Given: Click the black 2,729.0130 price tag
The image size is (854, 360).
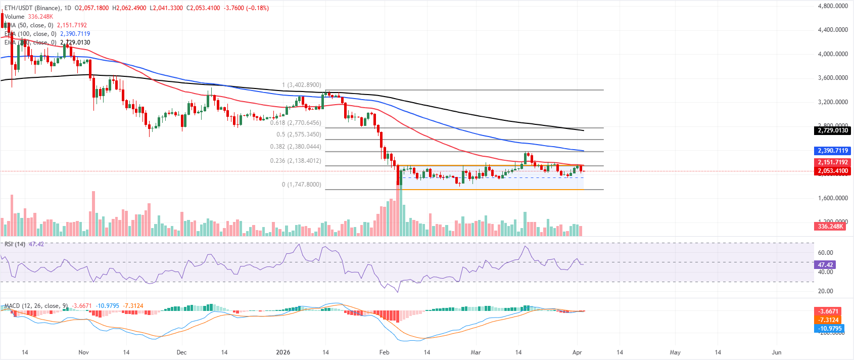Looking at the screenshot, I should click(x=833, y=130).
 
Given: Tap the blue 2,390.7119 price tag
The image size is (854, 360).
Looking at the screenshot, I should click(x=833, y=151).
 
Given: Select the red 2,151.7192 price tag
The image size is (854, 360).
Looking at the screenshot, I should click(x=833, y=162).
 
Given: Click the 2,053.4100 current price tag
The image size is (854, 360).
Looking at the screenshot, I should click(x=833, y=171).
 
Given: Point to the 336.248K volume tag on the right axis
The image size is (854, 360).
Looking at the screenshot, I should click(x=830, y=226).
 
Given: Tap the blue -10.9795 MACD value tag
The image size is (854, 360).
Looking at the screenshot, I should click(x=829, y=329).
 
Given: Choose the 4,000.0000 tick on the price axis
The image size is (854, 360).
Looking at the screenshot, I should click(x=833, y=54).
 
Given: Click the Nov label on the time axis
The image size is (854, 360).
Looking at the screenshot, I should click(x=84, y=352).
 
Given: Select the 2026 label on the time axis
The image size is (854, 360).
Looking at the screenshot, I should click(x=283, y=352).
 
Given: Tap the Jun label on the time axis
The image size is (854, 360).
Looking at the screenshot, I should click(x=777, y=352).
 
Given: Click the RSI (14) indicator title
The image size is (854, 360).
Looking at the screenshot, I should click(x=15, y=244).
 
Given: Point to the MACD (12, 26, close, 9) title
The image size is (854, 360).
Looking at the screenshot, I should click(x=36, y=306).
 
